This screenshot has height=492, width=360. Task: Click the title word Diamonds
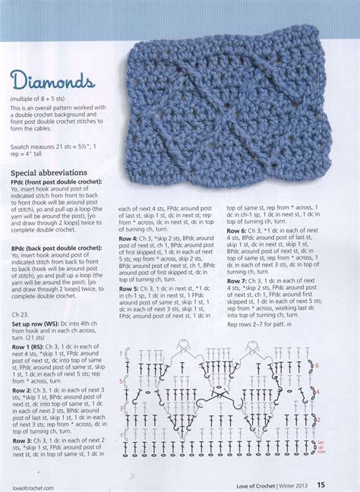[52, 80]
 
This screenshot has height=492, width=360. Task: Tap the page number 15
[343, 482]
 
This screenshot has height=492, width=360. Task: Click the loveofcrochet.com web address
[32, 484]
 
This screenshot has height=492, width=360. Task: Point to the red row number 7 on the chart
[119, 355]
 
